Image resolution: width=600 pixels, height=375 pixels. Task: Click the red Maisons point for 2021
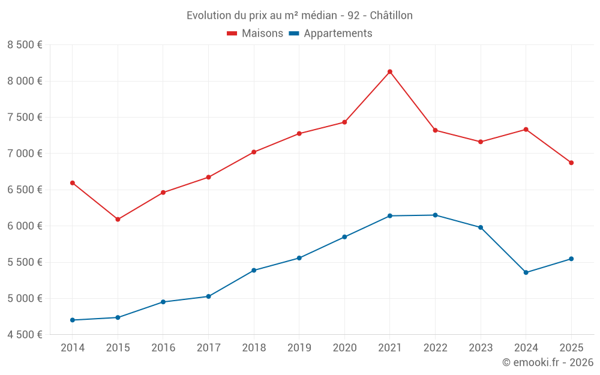pyautogui.click(x=390, y=72)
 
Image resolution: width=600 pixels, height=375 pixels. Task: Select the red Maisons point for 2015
pyautogui.click(x=118, y=220)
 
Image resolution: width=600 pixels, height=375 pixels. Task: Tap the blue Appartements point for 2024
pyautogui.click(x=526, y=272)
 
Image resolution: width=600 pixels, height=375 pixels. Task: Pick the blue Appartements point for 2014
pyautogui.click(x=73, y=320)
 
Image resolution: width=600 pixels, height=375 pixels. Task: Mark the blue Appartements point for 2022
pyautogui.click(x=435, y=215)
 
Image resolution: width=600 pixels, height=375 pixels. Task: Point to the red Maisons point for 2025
pyautogui.click(x=571, y=163)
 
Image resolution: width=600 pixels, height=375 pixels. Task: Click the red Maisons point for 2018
pyautogui.click(x=254, y=152)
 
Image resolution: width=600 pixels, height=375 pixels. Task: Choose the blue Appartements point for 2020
pyautogui.click(x=344, y=237)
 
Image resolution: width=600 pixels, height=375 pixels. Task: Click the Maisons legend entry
pyautogui.click(x=255, y=34)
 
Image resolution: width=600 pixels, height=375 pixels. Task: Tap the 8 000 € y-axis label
pyautogui.click(x=25, y=81)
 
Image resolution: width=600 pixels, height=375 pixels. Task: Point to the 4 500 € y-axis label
pyautogui.click(x=25, y=335)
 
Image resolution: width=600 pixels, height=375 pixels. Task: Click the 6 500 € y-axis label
pyautogui.click(x=25, y=190)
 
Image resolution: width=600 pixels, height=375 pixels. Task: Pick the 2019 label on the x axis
pyautogui.click(x=299, y=347)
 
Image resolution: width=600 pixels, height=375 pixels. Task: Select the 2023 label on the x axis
pyautogui.click(x=481, y=347)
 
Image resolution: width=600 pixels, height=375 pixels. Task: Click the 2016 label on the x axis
pyautogui.click(x=163, y=347)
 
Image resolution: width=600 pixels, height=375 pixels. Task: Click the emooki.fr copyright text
pyautogui.click(x=547, y=362)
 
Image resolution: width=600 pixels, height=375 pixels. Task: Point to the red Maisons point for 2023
pyautogui.click(x=481, y=142)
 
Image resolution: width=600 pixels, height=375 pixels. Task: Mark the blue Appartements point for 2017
pyautogui.click(x=208, y=296)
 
